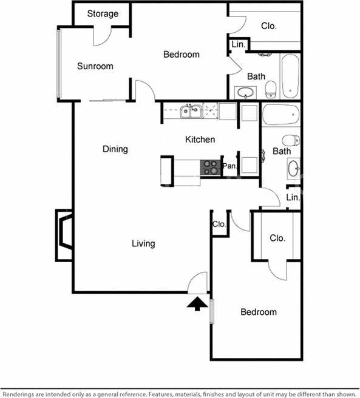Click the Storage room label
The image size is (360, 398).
[102, 14]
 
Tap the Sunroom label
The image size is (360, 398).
[95, 66]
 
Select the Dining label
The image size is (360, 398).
[115, 149]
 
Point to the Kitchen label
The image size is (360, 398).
[200, 140]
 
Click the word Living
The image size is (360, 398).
[143, 244]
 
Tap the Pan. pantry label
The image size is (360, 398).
[229, 166]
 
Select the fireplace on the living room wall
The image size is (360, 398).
[64, 235]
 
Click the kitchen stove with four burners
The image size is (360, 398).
[210, 167]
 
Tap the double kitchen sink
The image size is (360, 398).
[192, 111]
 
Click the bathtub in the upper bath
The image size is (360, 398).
[290, 76]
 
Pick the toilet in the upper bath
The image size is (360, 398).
[271, 89]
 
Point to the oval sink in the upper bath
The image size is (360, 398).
[246, 93]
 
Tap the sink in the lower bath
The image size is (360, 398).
[294, 167]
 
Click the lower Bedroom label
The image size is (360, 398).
[258, 312]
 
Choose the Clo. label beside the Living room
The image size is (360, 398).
[219, 224]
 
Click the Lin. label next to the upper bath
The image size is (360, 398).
[237, 44]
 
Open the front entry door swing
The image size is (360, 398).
[199, 282]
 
